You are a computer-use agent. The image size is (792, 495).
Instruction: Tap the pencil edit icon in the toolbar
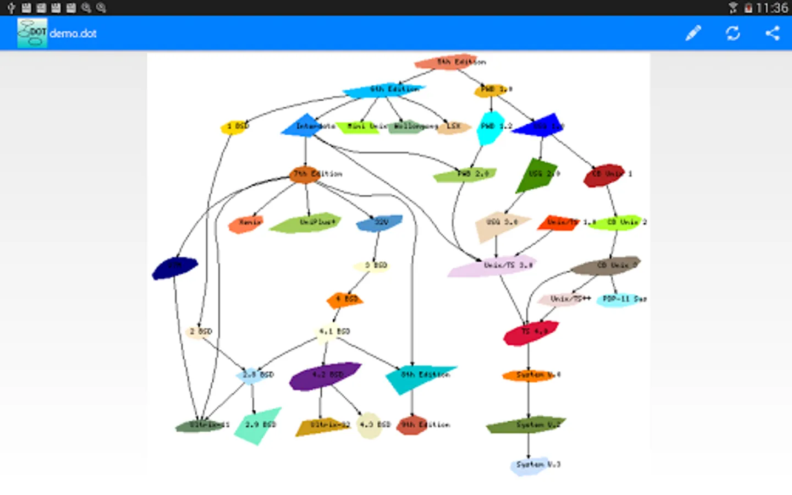pos(693,33)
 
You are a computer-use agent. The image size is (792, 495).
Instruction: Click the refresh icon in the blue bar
pos(733,33)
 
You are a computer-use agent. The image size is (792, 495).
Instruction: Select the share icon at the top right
pos(772,33)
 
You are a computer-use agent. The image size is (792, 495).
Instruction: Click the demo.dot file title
pos(73,34)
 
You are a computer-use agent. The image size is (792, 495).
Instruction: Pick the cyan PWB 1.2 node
pos(490,127)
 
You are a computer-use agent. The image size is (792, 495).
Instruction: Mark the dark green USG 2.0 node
pos(536,174)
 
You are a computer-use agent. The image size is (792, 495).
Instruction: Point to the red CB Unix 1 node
pos(604,175)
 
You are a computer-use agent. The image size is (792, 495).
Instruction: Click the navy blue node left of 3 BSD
pos(174,268)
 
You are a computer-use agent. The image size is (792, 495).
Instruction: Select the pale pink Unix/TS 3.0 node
pos(493,266)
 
